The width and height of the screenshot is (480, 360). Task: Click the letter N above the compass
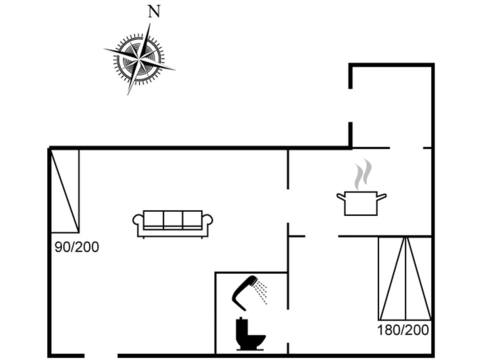(154, 12)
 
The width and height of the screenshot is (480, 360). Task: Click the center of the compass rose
(139, 59)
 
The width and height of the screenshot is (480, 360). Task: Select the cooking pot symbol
(361, 203)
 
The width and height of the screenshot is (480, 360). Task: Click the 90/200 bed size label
(77, 247)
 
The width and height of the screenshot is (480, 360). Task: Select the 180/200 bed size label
(403, 330)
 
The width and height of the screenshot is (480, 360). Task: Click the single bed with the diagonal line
(65, 191)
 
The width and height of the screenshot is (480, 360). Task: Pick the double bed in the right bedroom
(405, 278)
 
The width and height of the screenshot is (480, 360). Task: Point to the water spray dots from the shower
(262, 291)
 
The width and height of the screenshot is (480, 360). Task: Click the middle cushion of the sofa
(173, 219)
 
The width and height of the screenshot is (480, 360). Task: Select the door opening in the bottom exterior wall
(101, 356)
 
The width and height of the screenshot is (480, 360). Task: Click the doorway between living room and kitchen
(288, 206)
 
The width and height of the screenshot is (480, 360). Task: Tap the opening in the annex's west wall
(350, 105)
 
